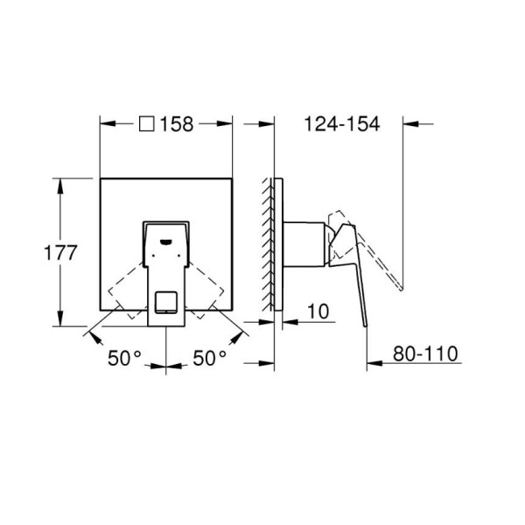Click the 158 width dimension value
177,124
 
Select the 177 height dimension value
60,253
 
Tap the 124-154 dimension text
342,124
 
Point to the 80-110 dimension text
425,353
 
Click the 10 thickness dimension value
318,311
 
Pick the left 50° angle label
124,358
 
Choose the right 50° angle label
210,358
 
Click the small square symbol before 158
147,124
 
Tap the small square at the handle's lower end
165,302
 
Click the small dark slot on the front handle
165,241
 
